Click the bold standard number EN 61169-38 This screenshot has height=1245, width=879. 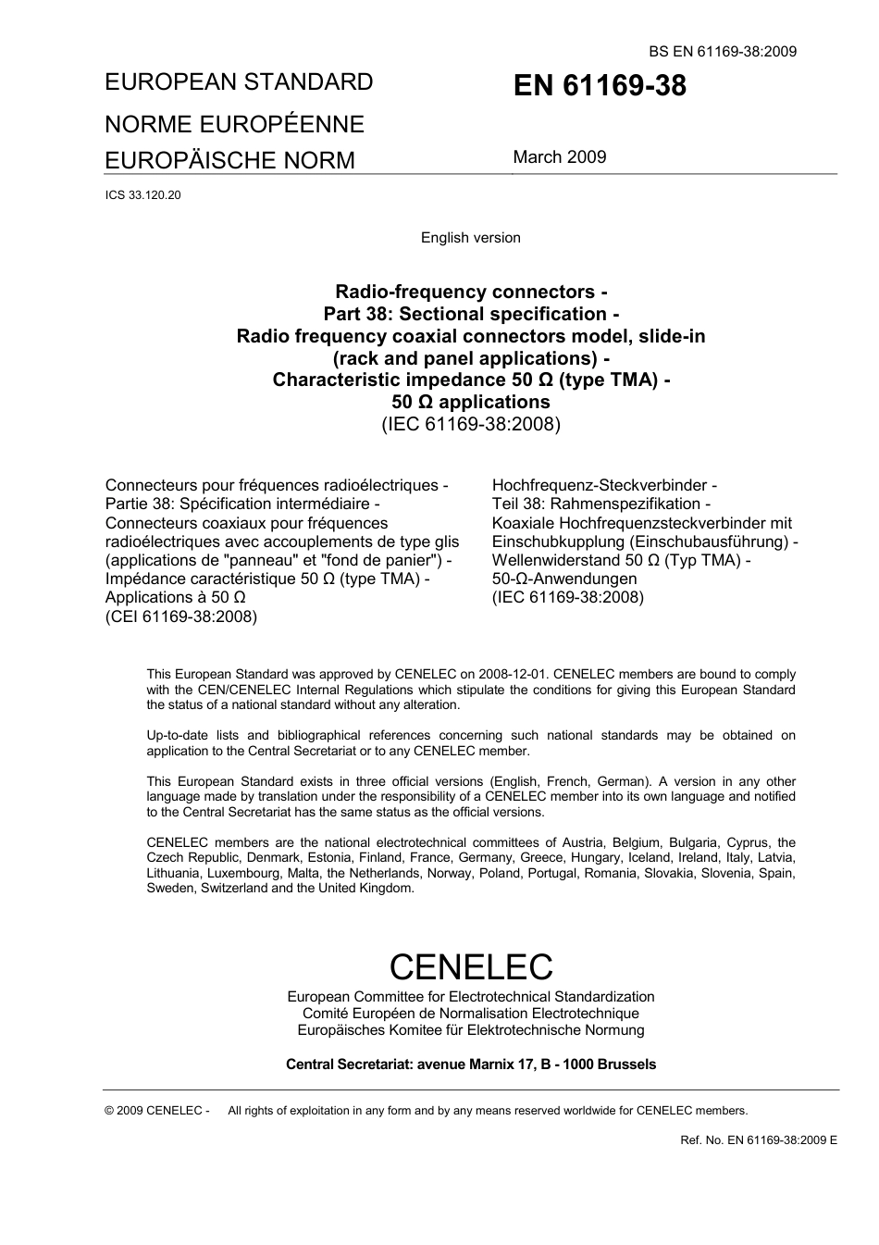tap(600, 86)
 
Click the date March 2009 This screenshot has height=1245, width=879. tap(560, 157)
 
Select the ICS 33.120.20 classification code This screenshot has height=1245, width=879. tap(143, 195)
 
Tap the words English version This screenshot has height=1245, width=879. tap(470, 238)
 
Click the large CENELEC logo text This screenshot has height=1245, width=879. tap(470, 966)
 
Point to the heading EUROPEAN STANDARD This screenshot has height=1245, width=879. tap(239, 82)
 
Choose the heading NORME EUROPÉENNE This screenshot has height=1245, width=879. tap(234, 124)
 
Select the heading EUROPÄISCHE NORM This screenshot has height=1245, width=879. tap(229, 161)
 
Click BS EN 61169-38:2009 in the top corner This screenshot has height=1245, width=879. tap(723, 52)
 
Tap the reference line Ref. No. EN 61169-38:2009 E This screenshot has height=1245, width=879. tap(758, 1140)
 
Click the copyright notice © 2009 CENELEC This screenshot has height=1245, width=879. tap(157, 1111)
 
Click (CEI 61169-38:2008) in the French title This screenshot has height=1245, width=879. tap(181, 616)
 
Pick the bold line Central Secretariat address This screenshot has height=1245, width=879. tap(470, 1064)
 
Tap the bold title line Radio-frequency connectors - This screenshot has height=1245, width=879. tap(470, 292)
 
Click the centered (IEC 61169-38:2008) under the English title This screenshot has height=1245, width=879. tap(470, 425)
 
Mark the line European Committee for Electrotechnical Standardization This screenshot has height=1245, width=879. tap(470, 997)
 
